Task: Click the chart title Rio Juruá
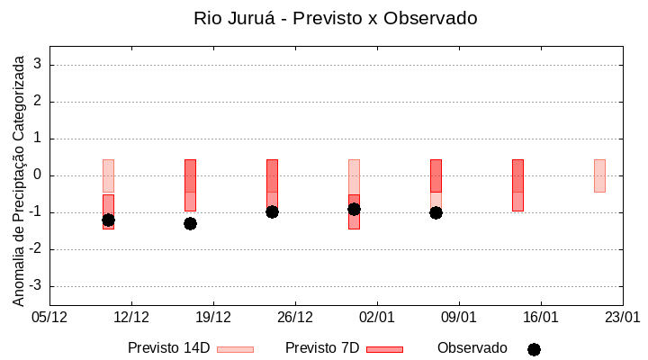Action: [335, 18]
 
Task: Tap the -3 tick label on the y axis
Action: [36, 286]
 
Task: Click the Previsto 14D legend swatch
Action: [235, 349]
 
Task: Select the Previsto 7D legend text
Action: [322, 348]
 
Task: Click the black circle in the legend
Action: [534, 349]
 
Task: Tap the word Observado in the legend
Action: [472, 348]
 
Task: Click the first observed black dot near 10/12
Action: [108, 220]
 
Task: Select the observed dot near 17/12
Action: [190, 223]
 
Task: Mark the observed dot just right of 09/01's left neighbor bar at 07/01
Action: [436, 212]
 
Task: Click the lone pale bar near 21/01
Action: [599, 175]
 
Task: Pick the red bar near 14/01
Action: [517, 184]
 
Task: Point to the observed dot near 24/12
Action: [272, 211]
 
